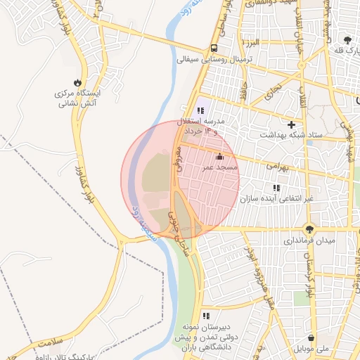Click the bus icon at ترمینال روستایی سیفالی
click(213, 49)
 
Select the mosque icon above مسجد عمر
click(220, 156)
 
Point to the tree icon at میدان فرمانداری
click(310, 228)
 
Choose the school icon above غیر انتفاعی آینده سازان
click(276, 188)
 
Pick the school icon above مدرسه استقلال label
click(201, 110)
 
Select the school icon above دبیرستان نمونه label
click(206, 316)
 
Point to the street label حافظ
click(245, 90)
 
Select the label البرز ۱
click(250, 43)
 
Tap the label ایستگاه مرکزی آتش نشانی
click(77, 98)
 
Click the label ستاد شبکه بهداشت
click(291, 135)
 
